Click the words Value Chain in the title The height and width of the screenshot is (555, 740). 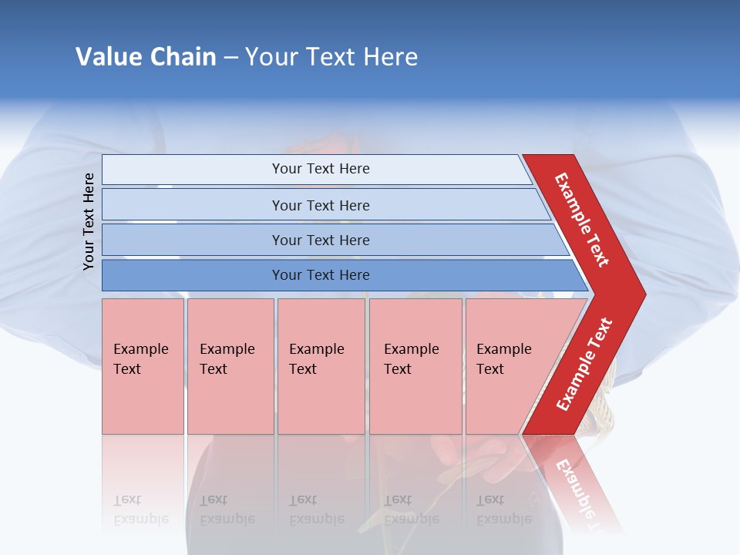click(x=146, y=57)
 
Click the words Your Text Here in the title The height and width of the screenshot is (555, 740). click(x=331, y=57)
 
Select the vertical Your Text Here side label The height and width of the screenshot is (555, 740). click(x=89, y=221)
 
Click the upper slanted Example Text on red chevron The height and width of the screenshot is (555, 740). click(x=582, y=220)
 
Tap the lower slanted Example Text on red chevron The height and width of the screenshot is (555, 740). click(x=584, y=365)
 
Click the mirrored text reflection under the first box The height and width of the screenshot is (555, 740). click(x=140, y=510)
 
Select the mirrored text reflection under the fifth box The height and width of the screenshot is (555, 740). click(x=503, y=510)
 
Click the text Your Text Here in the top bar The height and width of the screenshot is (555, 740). click(x=321, y=169)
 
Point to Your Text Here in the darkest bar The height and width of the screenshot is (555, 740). click(x=321, y=275)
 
